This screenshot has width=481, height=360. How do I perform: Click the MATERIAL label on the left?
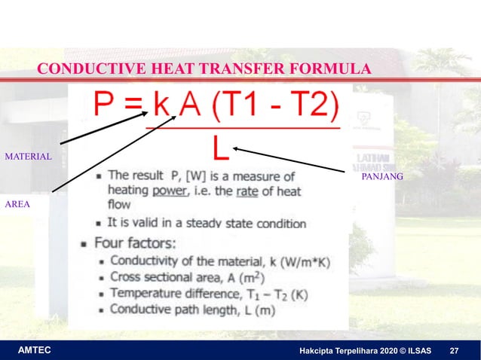click(29, 157)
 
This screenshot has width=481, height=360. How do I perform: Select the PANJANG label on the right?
click(382, 175)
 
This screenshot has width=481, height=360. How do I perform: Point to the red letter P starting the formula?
click(106, 106)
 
